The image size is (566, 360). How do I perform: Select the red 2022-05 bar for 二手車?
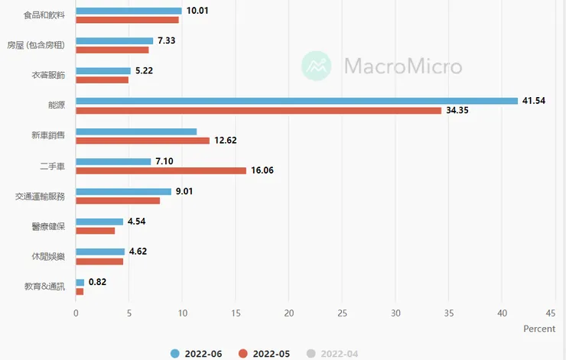click(x=161, y=170)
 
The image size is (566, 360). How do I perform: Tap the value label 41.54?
click(x=533, y=101)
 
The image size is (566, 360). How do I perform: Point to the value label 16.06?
click(x=262, y=170)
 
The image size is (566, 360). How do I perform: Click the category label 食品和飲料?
click(x=45, y=15)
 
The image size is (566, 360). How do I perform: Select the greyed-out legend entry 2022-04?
click(x=333, y=353)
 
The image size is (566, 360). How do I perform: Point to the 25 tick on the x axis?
click(x=342, y=313)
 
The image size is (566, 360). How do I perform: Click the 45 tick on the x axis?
click(x=550, y=313)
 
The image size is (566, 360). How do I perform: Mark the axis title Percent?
click(x=539, y=329)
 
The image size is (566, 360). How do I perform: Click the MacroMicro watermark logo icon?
click(x=317, y=66)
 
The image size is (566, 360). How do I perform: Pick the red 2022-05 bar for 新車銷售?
click(x=142, y=141)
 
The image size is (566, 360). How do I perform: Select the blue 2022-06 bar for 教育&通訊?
click(x=80, y=282)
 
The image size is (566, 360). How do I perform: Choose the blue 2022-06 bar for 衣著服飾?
click(x=103, y=71)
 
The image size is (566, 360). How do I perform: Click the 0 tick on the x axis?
click(x=76, y=313)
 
